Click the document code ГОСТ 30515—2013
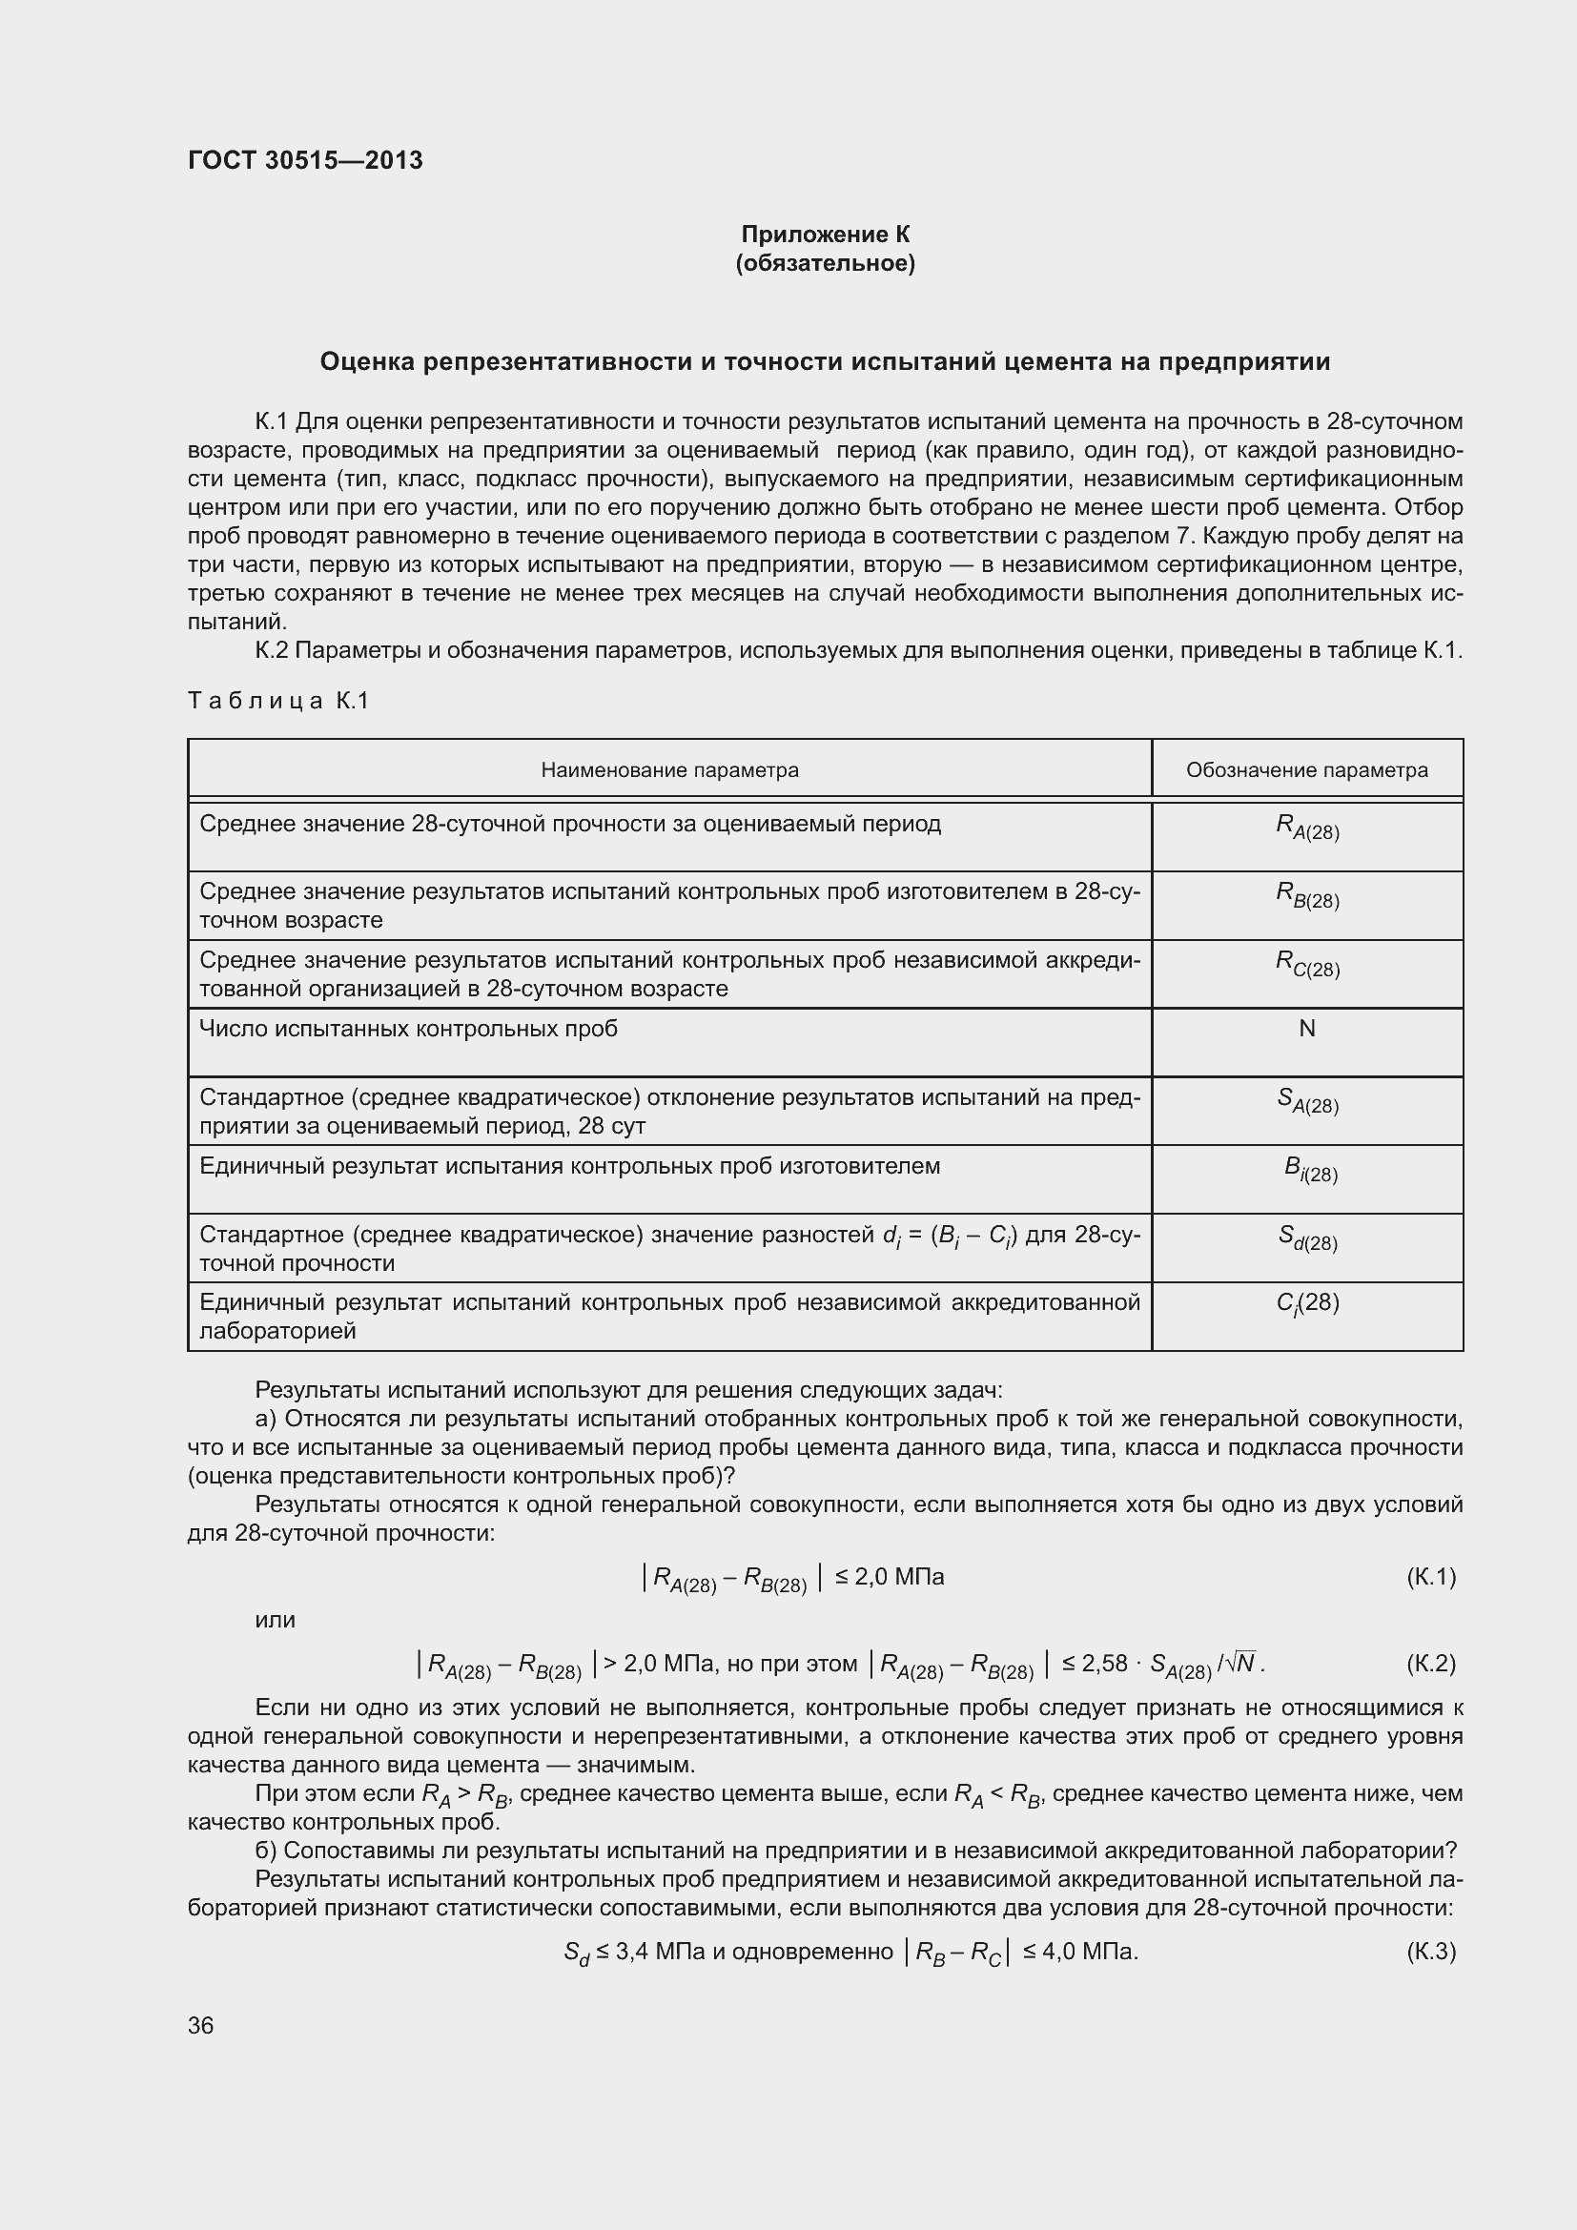click(305, 160)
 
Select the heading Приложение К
click(825, 235)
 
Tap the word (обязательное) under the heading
click(825, 263)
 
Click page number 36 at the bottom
click(201, 2025)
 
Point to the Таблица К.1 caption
click(278, 701)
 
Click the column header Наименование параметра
click(669, 770)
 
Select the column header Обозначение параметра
click(1306, 770)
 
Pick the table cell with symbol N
click(1307, 1029)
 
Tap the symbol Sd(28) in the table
click(1307, 1238)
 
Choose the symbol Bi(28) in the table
click(1310, 1170)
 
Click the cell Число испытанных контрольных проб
click(409, 1029)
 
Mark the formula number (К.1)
click(1430, 1576)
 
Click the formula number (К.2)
click(1430, 1664)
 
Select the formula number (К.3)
click(1430, 1952)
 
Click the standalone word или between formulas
click(275, 1620)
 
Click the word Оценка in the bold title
click(367, 362)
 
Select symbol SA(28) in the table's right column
click(1307, 1101)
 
